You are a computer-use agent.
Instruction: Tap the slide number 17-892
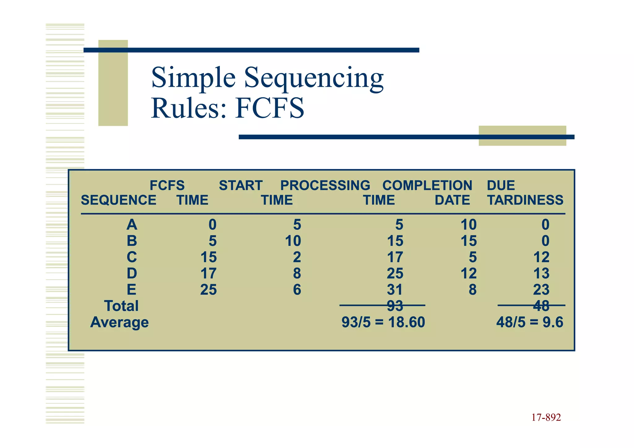(x=546, y=417)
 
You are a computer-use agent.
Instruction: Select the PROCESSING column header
(x=325, y=185)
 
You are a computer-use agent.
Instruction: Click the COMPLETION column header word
(x=427, y=185)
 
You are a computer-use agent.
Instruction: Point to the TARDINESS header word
(x=525, y=200)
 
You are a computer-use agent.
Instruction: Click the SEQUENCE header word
(x=119, y=200)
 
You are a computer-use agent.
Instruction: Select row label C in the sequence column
(x=132, y=257)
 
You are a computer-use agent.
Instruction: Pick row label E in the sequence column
(x=132, y=290)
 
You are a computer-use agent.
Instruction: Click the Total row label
(x=121, y=306)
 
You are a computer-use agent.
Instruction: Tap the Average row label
(x=119, y=322)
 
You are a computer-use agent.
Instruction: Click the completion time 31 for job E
(x=395, y=290)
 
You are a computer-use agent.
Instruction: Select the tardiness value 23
(x=541, y=290)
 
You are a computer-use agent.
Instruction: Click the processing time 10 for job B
(x=293, y=241)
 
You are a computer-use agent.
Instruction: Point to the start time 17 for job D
(x=208, y=274)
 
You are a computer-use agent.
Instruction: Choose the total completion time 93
(x=395, y=306)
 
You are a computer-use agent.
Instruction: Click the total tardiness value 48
(x=541, y=306)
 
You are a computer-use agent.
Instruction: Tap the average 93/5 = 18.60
(x=383, y=322)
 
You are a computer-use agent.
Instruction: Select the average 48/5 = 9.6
(x=530, y=322)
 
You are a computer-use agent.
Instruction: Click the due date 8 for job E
(x=472, y=290)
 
